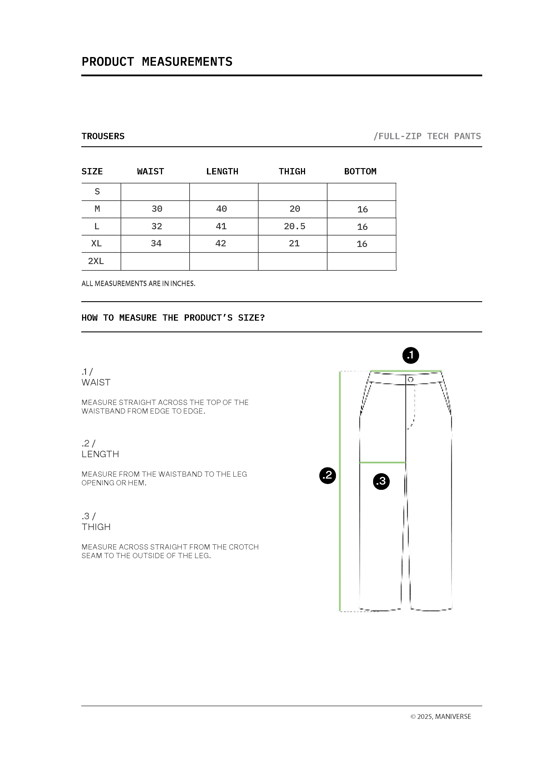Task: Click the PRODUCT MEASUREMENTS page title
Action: point(157,62)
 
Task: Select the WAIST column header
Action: point(151,171)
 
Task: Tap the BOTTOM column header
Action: point(360,171)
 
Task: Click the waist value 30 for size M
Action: point(157,209)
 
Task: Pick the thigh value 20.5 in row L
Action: point(294,226)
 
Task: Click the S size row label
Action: point(97,191)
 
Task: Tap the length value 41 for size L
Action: point(221,226)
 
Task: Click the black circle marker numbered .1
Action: point(410,356)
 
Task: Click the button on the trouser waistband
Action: point(410,379)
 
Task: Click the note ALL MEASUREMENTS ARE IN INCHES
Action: point(138,283)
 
